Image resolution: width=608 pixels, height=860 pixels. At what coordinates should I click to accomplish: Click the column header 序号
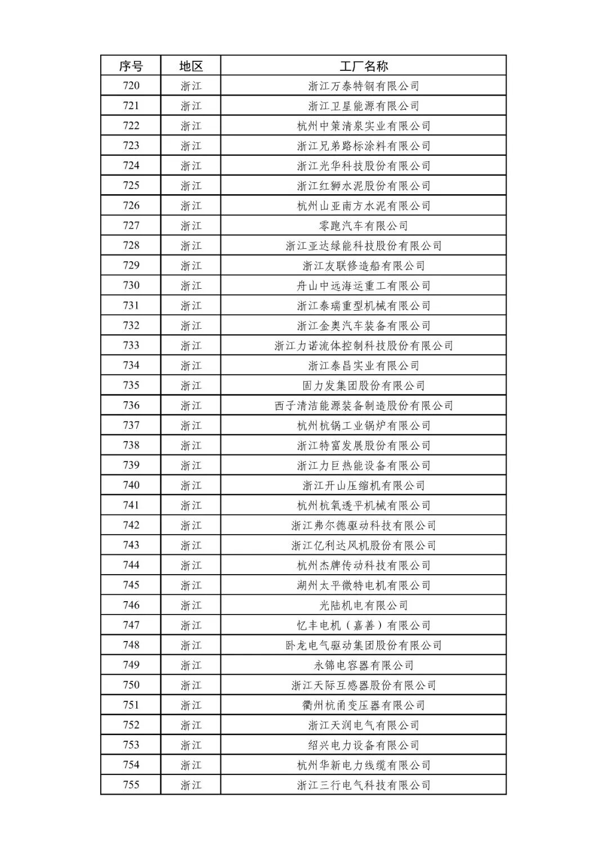[x=131, y=66]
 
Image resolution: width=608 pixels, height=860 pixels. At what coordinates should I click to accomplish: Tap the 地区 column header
[x=191, y=66]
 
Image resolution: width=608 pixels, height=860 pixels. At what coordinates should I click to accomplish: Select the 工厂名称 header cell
[x=364, y=66]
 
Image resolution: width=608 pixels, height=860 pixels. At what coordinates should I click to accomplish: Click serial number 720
[x=131, y=86]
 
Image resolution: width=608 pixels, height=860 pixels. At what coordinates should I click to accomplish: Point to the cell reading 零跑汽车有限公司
[x=364, y=226]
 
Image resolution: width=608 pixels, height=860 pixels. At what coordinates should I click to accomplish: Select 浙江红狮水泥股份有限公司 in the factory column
[x=364, y=186]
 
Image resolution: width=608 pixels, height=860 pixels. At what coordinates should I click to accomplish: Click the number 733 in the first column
[x=131, y=346]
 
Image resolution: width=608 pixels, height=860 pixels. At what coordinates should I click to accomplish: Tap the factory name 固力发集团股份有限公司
[x=364, y=386]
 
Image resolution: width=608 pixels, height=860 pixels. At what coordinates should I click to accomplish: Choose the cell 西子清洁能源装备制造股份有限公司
[x=364, y=405]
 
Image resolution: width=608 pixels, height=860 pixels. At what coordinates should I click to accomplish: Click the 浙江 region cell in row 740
[x=191, y=485]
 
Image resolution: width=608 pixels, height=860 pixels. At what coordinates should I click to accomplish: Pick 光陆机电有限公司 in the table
[x=364, y=605]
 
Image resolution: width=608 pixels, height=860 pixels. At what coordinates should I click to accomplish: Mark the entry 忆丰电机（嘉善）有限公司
[x=364, y=625]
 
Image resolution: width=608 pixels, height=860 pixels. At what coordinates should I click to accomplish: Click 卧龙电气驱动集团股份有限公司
[x=364, y=645]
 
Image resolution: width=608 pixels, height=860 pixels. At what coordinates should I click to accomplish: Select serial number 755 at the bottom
[x=131, y=785]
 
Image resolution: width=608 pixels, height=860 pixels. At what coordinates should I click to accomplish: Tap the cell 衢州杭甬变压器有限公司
[x=364, y=705]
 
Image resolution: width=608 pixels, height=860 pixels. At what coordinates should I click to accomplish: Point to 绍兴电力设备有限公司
[x=364, y=745]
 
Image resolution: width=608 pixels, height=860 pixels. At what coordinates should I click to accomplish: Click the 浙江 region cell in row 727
[x=191, y=226]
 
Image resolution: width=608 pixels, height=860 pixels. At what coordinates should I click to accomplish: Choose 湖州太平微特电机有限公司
[x=364, y=585]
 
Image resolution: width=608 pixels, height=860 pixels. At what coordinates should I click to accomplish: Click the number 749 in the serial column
[x=131, y=665]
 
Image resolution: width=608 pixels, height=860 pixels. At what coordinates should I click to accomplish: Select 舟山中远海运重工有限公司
[x=364, y=285]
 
